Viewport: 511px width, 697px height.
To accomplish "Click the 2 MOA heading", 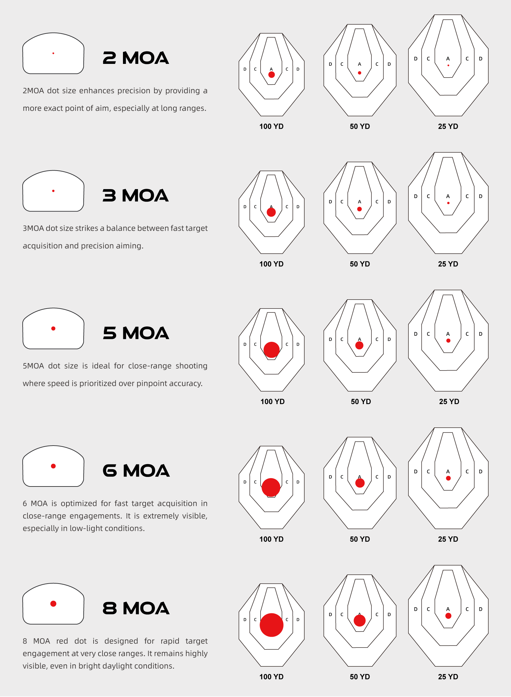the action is [136, 58].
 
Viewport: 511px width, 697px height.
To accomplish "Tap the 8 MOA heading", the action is [136, 608].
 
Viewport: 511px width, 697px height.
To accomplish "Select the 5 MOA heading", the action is [136, 333].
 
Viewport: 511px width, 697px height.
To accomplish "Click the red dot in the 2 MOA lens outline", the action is [53, 53].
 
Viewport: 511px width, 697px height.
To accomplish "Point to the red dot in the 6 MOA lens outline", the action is [53, 466].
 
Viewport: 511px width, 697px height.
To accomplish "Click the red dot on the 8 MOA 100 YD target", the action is [271, 625].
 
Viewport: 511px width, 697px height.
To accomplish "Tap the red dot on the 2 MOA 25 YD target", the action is [448, 65].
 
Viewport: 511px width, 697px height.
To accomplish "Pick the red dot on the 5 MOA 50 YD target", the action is [359, 345].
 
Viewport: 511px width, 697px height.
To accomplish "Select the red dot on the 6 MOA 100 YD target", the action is [271, 487].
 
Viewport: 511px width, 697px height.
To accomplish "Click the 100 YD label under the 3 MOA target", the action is [271, 264].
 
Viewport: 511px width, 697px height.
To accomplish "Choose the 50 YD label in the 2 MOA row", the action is [360, 126].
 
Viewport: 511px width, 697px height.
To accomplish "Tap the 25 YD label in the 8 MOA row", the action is [448, 677].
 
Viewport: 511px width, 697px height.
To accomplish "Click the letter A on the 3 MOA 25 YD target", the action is [448, 196].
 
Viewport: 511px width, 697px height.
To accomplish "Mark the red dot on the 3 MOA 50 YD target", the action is [360, 209].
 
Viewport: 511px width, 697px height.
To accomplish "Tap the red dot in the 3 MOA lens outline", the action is [53, 191].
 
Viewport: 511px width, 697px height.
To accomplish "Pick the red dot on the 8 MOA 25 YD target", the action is [448, 616].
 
